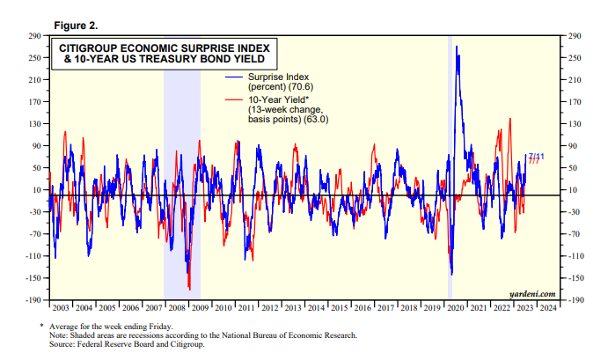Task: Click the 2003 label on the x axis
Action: pos(61,308)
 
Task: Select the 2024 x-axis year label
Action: pos(546,308)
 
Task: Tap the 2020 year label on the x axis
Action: pos(454,308)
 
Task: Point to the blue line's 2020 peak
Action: pos(458,46)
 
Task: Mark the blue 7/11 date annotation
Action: pos(534,156)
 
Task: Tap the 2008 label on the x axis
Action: pos(176,308)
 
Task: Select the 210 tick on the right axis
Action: pos(573,80)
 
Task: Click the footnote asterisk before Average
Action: pos(41,327)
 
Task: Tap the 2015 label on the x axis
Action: pos(339,308)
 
